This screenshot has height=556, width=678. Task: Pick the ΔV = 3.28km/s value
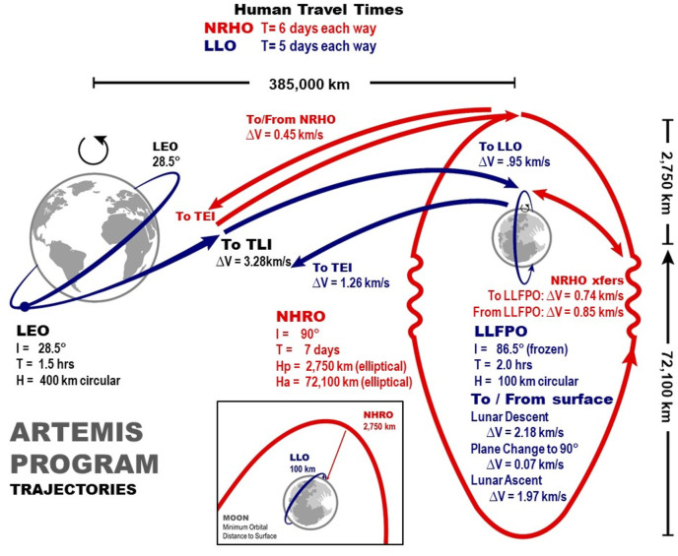(254, 262)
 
